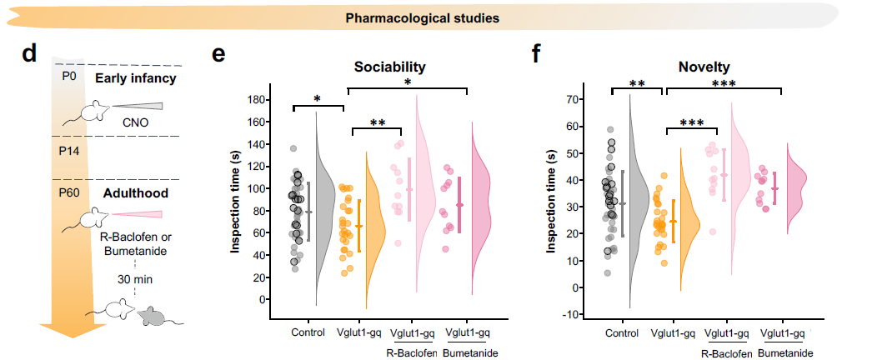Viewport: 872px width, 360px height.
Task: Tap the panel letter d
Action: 30,54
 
